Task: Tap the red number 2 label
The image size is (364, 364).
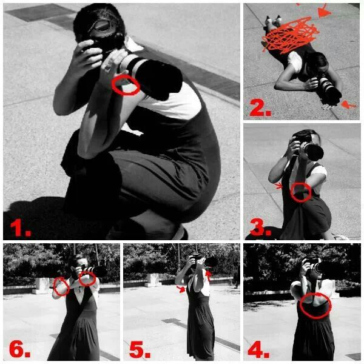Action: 260,107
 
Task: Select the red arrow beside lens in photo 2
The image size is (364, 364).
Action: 348,105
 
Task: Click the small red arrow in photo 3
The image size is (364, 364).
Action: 278,186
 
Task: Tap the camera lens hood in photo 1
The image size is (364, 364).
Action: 159,79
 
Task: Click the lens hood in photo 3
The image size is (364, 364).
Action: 314,152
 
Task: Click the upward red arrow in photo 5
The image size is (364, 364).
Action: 209,275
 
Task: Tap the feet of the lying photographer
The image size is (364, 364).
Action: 274,21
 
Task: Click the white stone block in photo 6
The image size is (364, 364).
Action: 41,286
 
